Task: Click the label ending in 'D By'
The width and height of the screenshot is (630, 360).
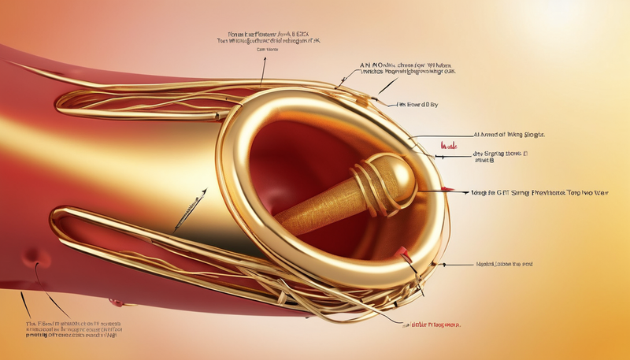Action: (x=417, y=104)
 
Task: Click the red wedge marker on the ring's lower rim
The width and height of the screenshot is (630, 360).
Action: (x=403, y=253)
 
